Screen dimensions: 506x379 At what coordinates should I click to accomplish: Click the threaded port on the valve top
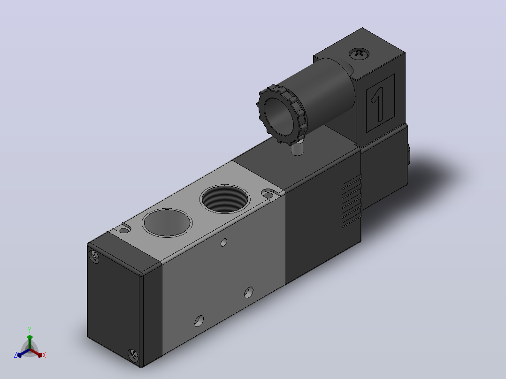pyautogui.click(x=225, y=199)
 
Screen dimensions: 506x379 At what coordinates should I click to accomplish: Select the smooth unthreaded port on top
pyautogui.click(x=167, y=222)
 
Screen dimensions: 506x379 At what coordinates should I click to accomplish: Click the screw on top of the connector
pyautogui.click(x=359, y=53)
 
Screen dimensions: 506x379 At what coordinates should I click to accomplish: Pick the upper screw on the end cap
pyautogui.click(x=94, y=257)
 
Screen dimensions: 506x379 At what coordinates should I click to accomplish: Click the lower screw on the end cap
pyautogui.click(x=133, y=355)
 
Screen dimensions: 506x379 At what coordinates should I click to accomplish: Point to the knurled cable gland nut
pyautogui.click(x=282, y=115)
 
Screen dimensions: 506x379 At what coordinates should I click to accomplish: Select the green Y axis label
pyautogui.click(x=30, y=330)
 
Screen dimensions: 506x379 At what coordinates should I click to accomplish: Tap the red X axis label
pyautogui.click(x=44, y=355)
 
